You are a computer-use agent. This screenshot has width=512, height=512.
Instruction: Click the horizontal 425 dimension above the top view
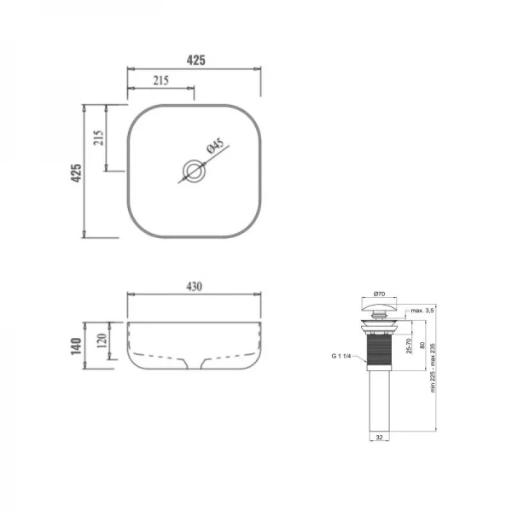coord(195,60)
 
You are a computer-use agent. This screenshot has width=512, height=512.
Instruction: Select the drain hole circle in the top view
coord(195,171)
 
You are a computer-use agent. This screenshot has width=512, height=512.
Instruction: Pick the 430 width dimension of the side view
coord(194,288)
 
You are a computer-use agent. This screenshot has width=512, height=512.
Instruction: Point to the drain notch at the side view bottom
coord(194,364)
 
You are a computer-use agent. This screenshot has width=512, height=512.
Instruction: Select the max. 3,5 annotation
coord(422,311)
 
